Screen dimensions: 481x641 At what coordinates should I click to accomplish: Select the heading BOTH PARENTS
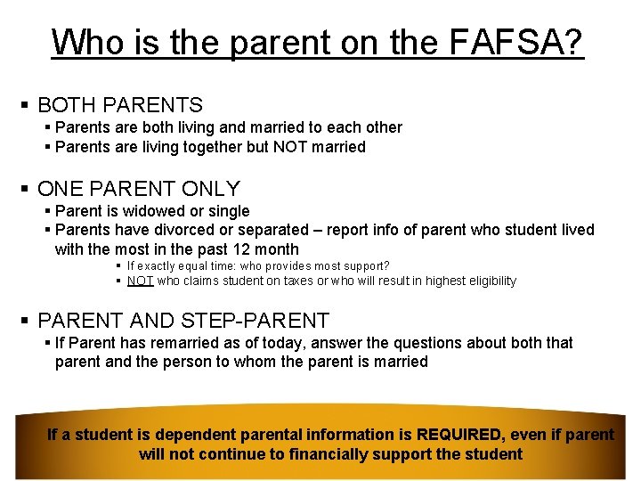point(120,105)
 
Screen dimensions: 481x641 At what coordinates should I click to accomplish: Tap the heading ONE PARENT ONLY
point(139,189)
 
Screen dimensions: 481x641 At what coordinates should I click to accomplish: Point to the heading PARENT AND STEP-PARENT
point(183,321)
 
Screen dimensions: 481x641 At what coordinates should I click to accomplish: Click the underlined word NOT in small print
point(141,281)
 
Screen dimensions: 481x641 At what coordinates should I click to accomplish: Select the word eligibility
point(485,281)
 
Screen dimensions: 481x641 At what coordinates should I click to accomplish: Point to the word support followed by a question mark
point(360,265)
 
